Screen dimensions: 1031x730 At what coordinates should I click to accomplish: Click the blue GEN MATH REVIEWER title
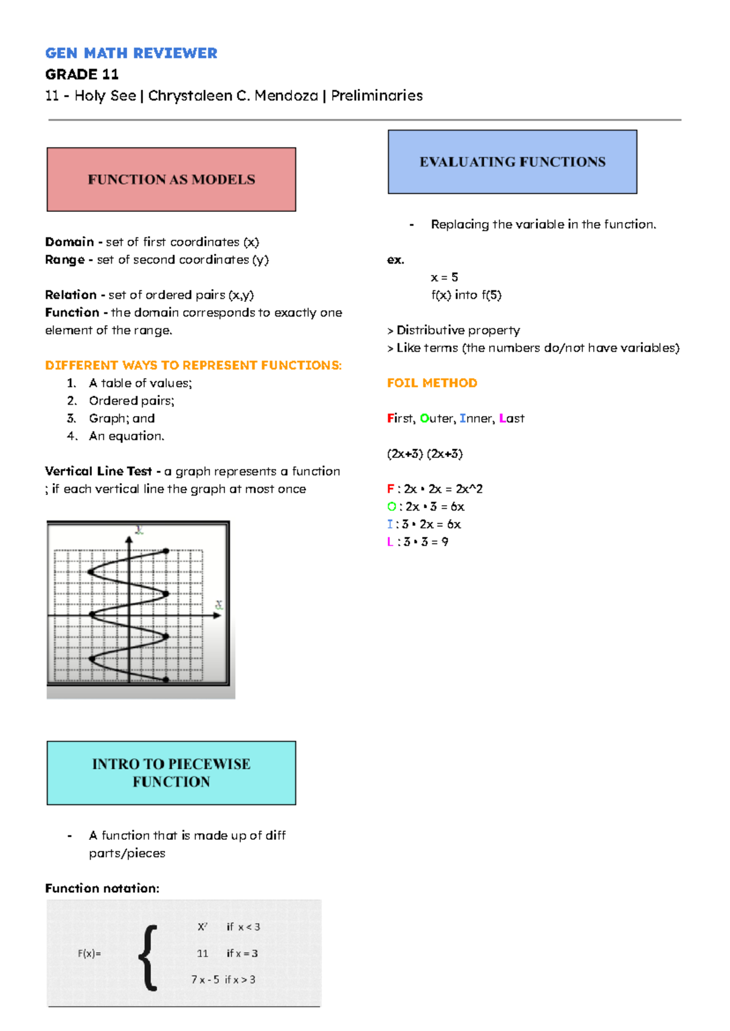click(131, 54)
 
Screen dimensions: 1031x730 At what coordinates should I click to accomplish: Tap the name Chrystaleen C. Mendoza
click(232, 96)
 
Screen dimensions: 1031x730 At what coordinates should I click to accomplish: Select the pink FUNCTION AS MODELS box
click(171, 180)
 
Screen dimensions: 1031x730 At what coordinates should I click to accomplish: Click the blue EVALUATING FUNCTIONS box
click(512, 162)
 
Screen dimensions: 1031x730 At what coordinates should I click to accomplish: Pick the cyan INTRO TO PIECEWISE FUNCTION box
click(171, 773)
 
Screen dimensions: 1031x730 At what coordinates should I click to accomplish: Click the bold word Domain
click(69, 242)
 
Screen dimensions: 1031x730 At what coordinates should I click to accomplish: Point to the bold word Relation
click(71, 295)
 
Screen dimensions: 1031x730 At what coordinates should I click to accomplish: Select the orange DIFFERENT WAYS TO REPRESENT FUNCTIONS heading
click(193, 365)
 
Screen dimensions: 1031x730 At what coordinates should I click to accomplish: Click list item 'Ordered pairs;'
click(131, 400)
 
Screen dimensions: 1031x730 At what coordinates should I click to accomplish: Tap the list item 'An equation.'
click(127, 436)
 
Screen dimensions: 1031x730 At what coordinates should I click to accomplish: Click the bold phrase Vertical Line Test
click(98, 471)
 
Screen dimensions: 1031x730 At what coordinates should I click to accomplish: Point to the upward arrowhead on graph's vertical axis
click(129, 539)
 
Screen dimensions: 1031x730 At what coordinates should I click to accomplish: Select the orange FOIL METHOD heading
click(432, 383)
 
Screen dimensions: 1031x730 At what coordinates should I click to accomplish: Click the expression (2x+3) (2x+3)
click(425, 453)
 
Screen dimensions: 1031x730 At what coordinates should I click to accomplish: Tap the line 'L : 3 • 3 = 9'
click(417, 542)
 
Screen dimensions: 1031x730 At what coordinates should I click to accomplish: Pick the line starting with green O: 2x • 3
click(425, 506)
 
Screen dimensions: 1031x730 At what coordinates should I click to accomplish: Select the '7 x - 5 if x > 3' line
click(223, 979)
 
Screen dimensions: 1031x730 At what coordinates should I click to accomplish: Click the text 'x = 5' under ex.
click(444, 278)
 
